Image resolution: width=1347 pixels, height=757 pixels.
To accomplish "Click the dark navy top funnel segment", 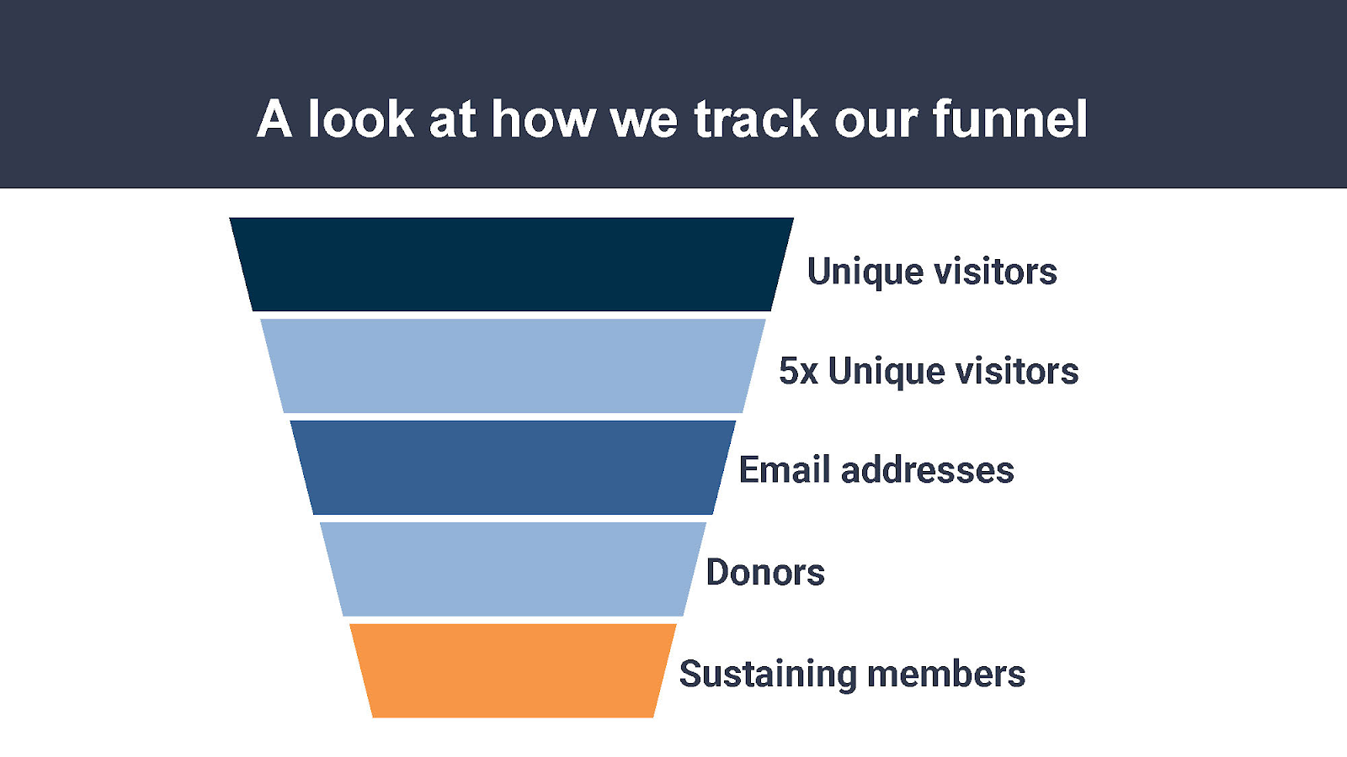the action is tap(512, 264).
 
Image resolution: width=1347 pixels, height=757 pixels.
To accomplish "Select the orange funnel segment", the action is tap(513, 670).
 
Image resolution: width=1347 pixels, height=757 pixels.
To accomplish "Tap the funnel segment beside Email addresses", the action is tap(513, 468).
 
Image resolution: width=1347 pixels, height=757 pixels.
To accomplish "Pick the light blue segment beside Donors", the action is tap(513, 569).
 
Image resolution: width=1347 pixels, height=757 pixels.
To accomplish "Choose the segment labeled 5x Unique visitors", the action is tap(513, 366).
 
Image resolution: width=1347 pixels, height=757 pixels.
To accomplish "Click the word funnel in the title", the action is tap(1010, 119).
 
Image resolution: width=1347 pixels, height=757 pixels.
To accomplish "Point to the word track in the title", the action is tap(756, 119).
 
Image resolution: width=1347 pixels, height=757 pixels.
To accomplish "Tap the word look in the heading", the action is tap(361, 119).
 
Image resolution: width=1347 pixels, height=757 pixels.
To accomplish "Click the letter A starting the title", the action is tap(274, 119).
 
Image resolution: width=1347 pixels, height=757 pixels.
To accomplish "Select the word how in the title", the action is tap(544, 119).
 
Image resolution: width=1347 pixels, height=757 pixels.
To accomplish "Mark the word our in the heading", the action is tap(876, 124).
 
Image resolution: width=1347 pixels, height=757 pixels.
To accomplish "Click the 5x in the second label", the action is tap(799, 371).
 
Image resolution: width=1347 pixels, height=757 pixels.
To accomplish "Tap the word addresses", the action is tap(927, 470).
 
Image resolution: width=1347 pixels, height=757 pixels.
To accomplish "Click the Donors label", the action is tap(765, 572).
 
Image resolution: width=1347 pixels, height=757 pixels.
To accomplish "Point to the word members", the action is tap(946, 674).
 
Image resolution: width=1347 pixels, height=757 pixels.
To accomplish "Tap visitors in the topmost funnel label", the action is tap(995, 271).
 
